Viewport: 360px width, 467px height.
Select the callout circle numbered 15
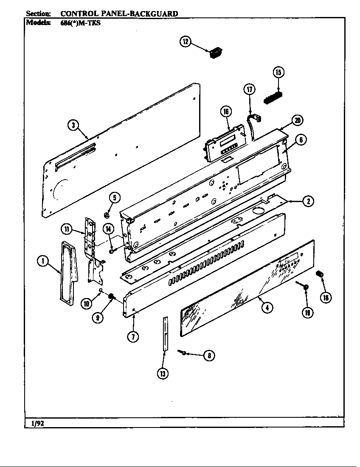point(278,72)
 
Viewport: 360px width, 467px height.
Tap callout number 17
point(250,89)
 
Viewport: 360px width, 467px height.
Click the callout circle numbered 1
point(42,262)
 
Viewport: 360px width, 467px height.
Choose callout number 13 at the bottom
point(163,373)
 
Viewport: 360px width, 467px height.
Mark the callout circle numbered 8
point(208,355)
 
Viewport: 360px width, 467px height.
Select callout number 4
point(266,308)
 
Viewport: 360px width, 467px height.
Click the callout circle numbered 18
point(326,298)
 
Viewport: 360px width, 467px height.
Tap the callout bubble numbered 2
point(308,201)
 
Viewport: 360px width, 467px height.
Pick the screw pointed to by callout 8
point(182,351)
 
